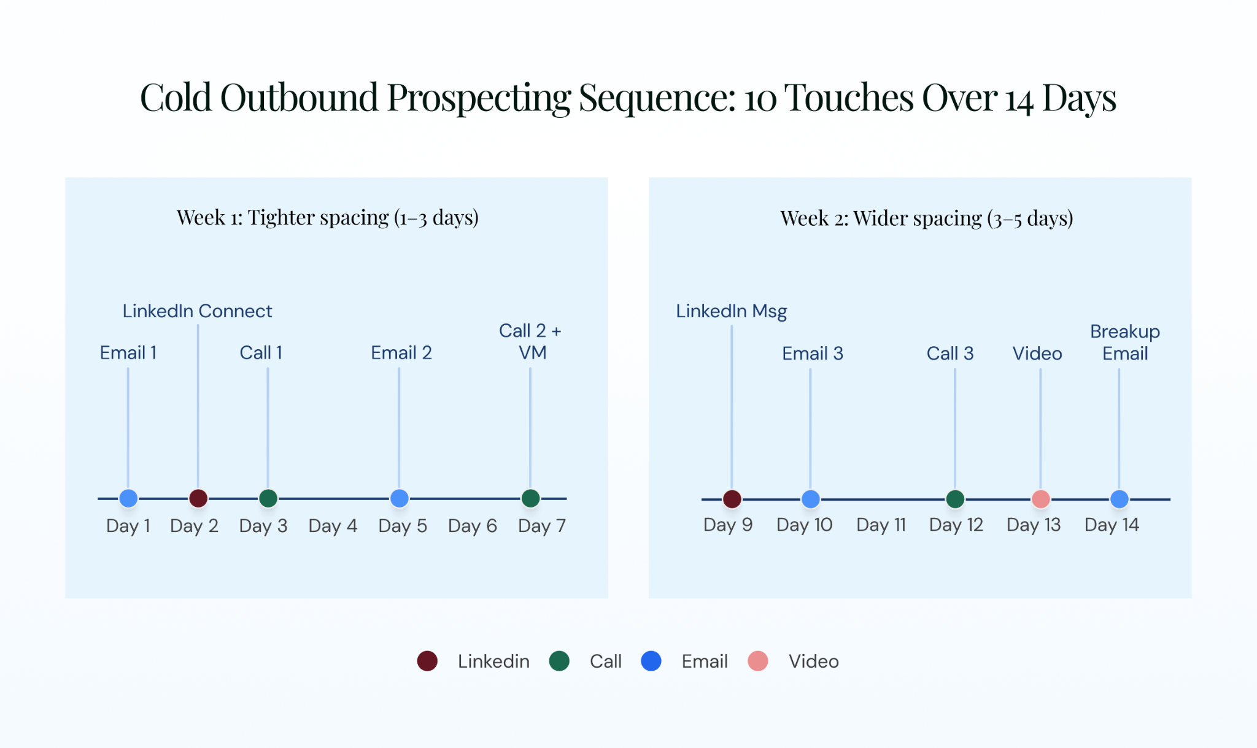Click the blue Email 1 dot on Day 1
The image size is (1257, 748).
tap(128, 498)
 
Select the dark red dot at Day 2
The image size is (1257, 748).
tap(198, 498)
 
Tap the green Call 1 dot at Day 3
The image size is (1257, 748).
tap(268, 498)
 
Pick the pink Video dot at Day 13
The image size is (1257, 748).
tap(1041, 499)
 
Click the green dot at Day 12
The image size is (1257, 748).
tap(955, 499)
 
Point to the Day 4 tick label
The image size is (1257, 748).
tap(333, 526)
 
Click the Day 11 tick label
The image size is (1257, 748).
tap(881, 525)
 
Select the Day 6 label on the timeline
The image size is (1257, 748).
tap(472, 526)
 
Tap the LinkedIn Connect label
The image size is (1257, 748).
tap(197, 311)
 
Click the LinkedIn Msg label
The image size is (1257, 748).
tap(731, 312)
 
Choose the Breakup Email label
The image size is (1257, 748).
tap(1125, 342)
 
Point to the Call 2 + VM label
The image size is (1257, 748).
tap(530, 342)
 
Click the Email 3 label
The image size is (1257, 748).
tap(812, 353)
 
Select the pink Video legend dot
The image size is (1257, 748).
tap(758, 661)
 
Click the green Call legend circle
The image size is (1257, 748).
tap(559, 661)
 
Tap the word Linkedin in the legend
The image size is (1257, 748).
tap(493, 661)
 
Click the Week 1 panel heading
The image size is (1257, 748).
tap(327, 217)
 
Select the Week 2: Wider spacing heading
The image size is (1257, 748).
tap(926, 218)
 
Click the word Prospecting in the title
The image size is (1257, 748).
tap(479, 98)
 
